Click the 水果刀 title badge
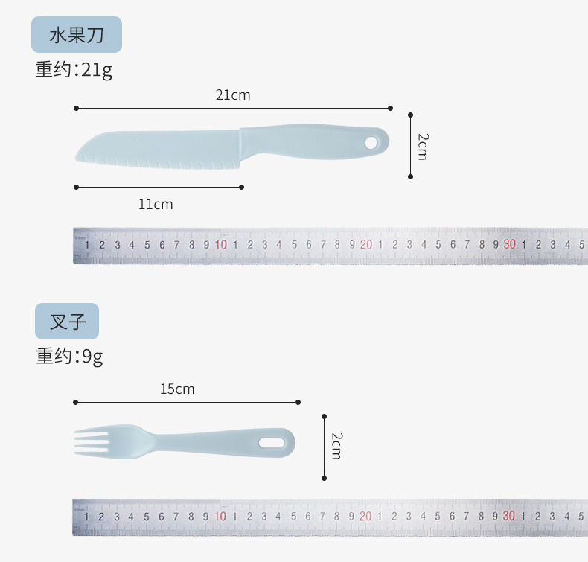(x=77, y=34)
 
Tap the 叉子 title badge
(x=67, y=322)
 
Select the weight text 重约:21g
(x=74, y=70)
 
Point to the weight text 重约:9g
(x=69, y=356)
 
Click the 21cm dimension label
(x=233, y=95)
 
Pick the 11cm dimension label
(x=156, y=204)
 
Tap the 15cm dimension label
(x=177, y=389)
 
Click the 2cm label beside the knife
(x=423, y=147)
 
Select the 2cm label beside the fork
(x=336, y=446)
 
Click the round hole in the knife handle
(x=371, y=143)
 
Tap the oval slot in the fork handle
(x=272, y=443)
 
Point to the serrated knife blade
(x=158, y=150)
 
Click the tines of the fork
(x=92, y=441)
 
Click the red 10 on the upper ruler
(x=221, y=245)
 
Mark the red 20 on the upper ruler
(x=366, y=244)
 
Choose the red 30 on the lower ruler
(x=509, y=516)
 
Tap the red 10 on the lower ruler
(x=220, y=517)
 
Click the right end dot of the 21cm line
(x=390, y=109)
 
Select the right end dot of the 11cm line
(x=241, y=187)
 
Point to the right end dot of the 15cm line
(x=298, y=402)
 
